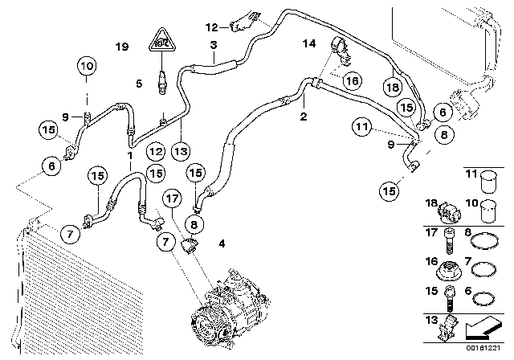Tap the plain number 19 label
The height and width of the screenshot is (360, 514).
click(x=121, y=47)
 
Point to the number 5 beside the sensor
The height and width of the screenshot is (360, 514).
click(x=139, y=82)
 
